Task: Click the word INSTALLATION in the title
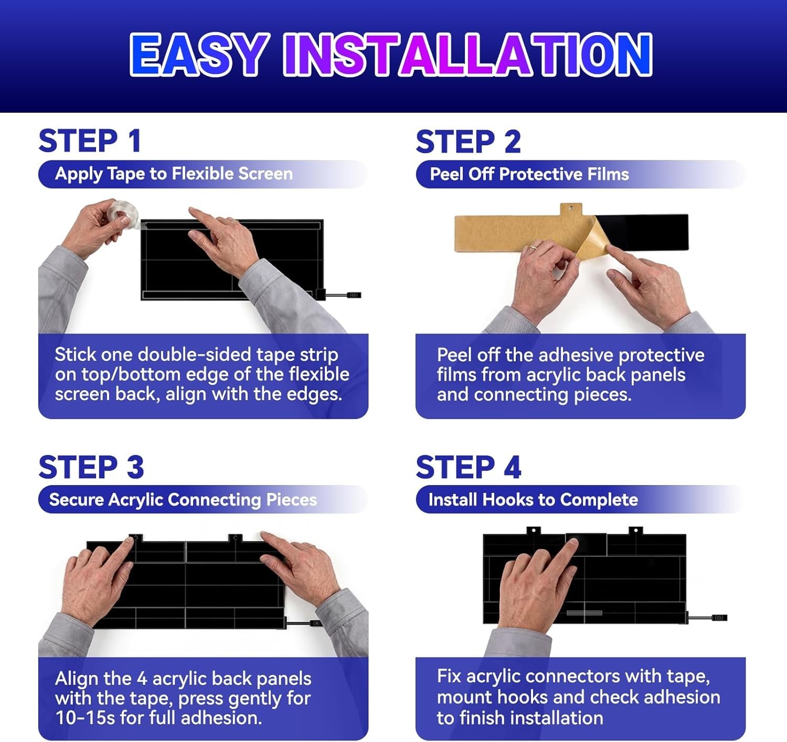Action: (468, 55)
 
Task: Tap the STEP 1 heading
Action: (90, 141)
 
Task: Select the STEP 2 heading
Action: (468, 142)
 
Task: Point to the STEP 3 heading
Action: (91, 467)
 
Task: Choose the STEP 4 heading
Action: (469, 467)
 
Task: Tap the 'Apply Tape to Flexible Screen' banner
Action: (203, 174)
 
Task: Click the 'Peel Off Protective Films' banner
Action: (580, 174)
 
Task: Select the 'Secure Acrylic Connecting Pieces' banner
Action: (203, 500)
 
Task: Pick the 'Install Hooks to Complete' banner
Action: (580, 500)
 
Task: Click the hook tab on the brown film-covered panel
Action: (571, 209)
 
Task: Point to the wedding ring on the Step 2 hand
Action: (534, 247)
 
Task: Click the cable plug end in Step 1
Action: (354, 295)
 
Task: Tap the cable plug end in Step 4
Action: (720, 618)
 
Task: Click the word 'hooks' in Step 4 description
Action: (523, 697)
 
